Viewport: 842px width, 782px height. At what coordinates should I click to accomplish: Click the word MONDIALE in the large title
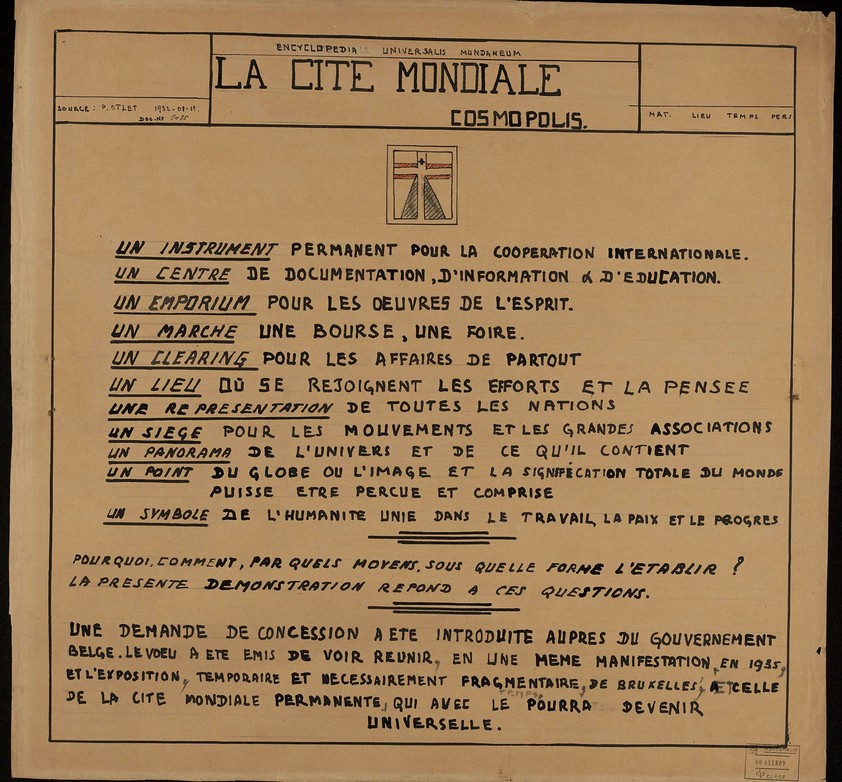click(478, 78)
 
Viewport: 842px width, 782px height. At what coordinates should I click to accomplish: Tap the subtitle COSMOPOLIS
click(518, 119)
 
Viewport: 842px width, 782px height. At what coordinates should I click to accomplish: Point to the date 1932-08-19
click(174, 109)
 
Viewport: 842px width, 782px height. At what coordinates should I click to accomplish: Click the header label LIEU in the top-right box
click(701, 116)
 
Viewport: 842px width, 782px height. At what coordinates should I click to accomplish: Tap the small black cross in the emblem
click(422, 161)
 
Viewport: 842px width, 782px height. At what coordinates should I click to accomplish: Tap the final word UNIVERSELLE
click(430, 723)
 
